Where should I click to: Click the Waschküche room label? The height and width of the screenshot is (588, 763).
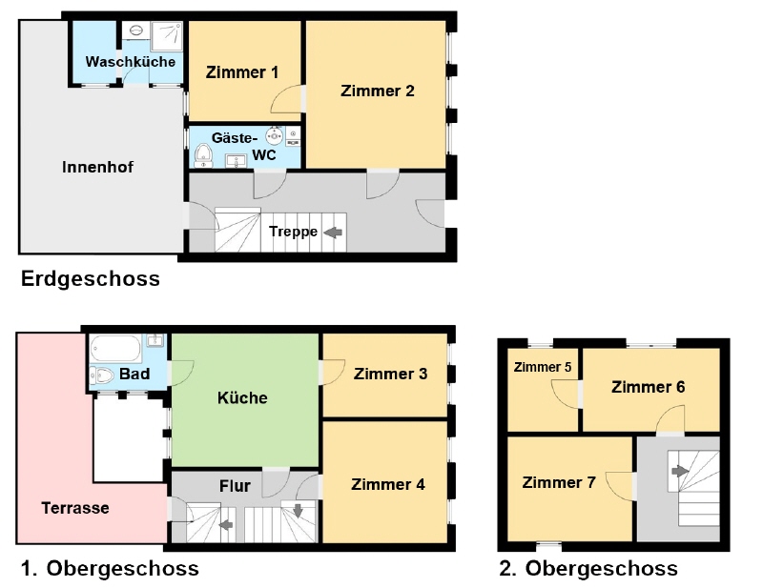[131, 62]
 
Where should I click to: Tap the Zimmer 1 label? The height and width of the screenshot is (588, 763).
[242, 72]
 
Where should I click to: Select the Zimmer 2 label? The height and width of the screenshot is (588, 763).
[378, 91]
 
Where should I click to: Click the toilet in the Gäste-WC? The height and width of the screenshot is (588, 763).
[203, 155]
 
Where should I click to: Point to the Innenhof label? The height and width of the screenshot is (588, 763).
[98, 168]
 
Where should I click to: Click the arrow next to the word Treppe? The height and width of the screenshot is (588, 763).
[333, 233]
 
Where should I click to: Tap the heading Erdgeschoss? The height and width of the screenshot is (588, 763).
[91, 279]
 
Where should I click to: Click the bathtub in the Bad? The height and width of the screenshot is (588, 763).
[115, 348]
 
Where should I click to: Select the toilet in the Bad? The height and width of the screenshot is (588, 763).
[102, 375]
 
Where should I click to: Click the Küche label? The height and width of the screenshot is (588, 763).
[242, 397]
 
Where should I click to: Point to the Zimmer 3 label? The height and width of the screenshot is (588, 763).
[390, 374]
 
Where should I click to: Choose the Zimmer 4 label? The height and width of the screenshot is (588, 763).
[388, 484]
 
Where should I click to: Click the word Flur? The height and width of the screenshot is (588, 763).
[235, 486]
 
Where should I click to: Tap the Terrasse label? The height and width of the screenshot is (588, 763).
[75, 508]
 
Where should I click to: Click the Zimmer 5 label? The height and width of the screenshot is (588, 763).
[543, 367]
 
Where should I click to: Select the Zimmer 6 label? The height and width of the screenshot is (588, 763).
[649, 387]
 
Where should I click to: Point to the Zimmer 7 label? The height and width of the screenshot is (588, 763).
[559, 482]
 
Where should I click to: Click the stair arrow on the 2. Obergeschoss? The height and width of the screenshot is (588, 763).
[680, 471]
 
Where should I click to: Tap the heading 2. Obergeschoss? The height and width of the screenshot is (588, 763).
[588, 568]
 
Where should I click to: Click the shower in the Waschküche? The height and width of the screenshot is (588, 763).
[167, 36]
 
